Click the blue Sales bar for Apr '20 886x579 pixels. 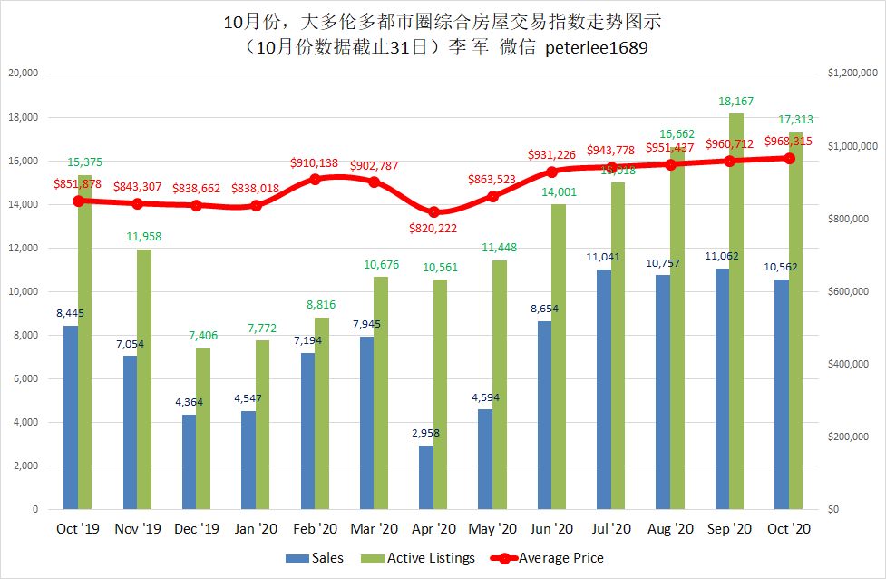[x=426, y=477]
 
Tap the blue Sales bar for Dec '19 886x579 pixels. [x=190, y=462]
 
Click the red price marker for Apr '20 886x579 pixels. [x=433, y=212]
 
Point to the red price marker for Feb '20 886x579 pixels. [x=316, y=179]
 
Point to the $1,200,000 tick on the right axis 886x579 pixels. [x=851, y=74]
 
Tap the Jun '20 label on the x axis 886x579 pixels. [x=551, y=529]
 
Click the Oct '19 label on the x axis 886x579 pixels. [x=79, y=529]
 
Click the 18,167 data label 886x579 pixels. [x=736, y=101]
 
